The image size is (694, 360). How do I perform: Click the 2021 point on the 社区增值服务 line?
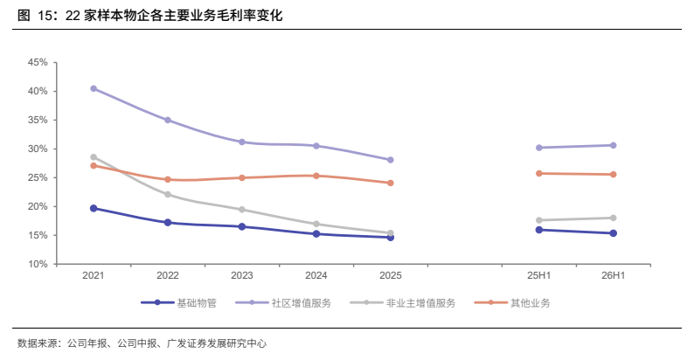(94, 88)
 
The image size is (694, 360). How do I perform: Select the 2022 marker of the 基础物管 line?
(168, 223)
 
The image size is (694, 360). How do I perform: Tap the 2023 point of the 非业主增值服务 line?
(242, 210)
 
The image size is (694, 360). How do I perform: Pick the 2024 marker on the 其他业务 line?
(316, 176)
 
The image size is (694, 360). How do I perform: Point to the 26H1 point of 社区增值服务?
(613, 146)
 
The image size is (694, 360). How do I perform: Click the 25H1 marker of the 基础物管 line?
(539, 230)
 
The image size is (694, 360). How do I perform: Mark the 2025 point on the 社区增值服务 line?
(391, 160)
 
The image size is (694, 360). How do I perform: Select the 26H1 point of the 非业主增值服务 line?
(613, 218)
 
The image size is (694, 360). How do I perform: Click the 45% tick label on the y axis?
(38, 62)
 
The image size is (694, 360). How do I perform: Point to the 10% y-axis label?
(38, 264)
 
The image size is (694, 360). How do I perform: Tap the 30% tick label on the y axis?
(38, 149)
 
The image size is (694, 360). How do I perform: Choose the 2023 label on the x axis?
(242, 275)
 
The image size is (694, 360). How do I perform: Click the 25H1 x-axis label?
(539, 275)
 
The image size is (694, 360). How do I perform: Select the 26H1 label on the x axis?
(613, 275)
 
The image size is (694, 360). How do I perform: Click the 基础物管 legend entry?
(179, 303)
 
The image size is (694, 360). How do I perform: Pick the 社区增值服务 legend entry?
(283, 303)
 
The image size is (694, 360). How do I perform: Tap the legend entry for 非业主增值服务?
(403, 303)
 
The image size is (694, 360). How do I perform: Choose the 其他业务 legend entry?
(512, 303)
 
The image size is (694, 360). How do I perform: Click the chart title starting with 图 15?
(150, 16)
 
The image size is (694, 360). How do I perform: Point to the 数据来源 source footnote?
(142, 343)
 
